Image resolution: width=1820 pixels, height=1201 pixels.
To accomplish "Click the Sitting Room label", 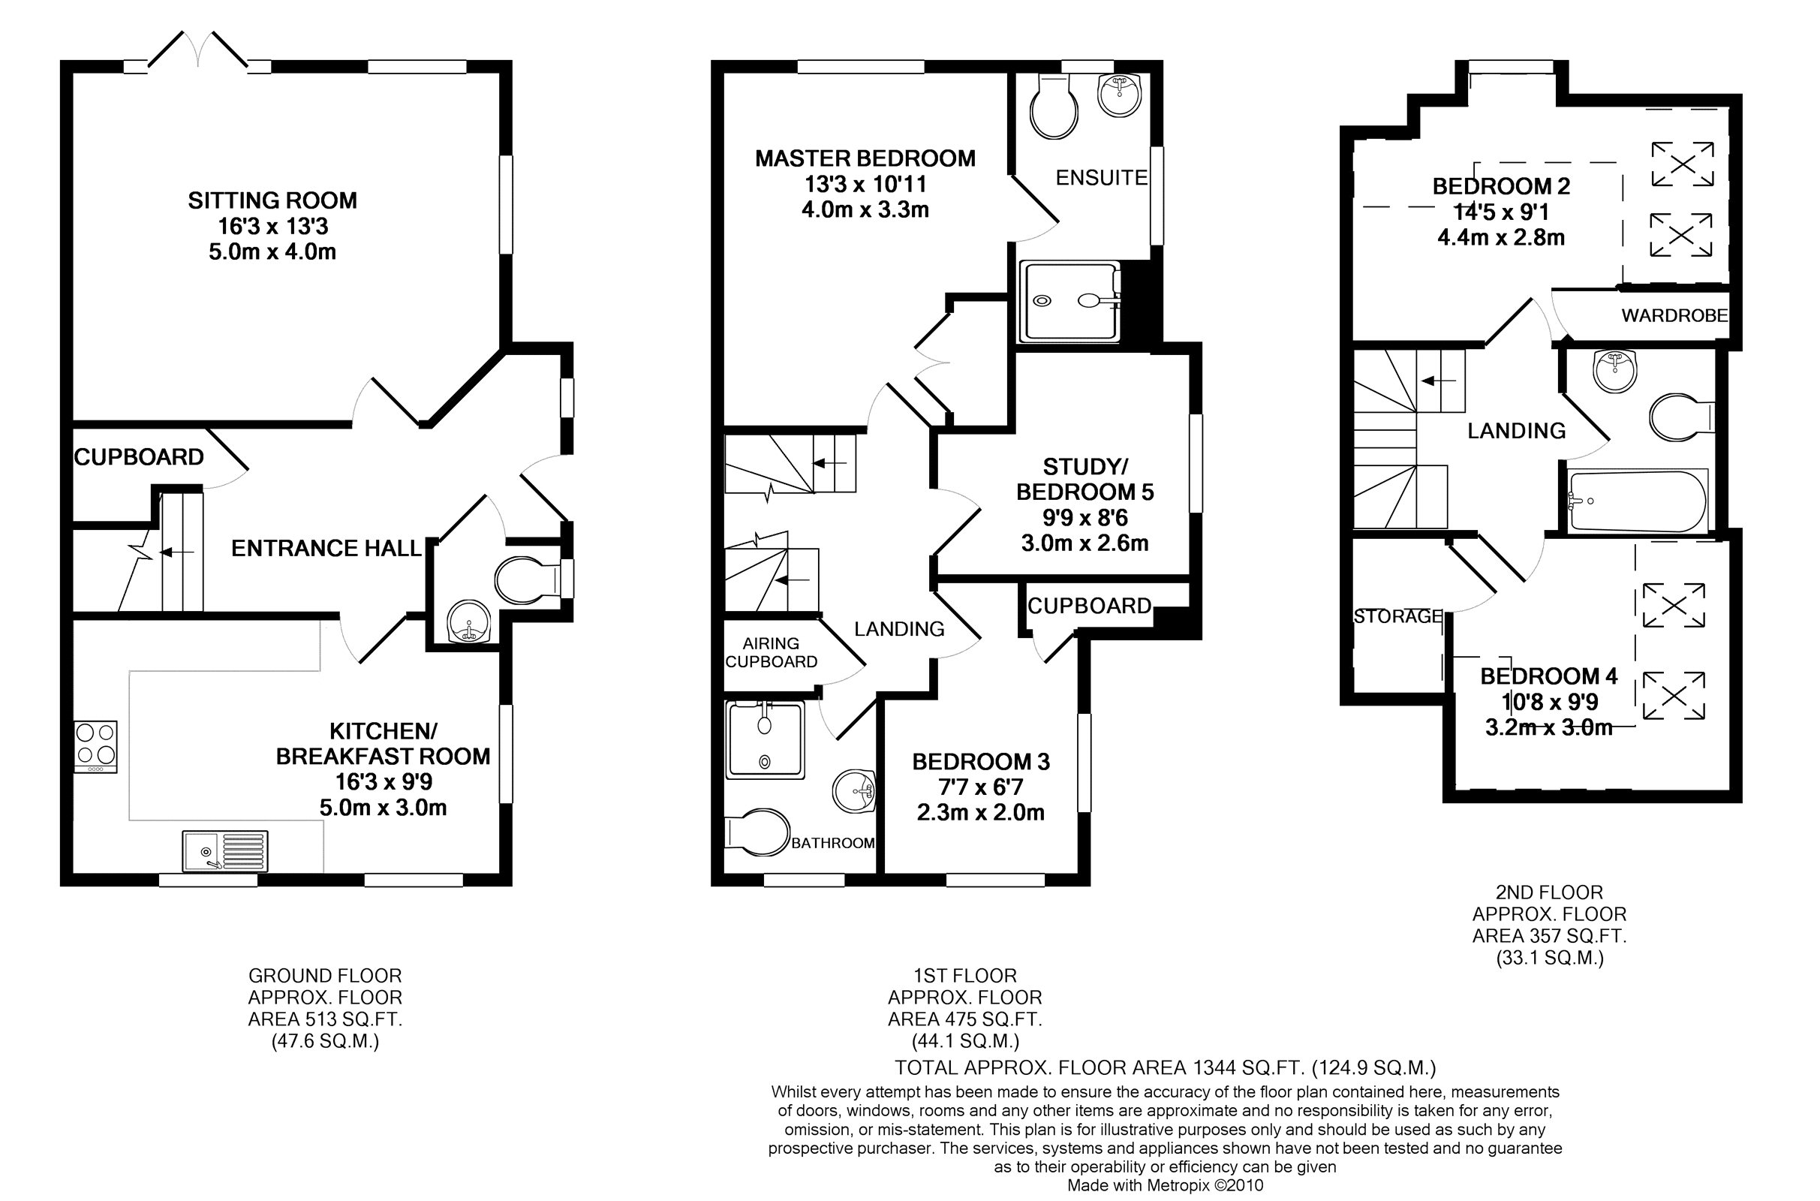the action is point(272,200).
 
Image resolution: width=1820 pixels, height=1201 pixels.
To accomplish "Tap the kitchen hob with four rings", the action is point(96,747).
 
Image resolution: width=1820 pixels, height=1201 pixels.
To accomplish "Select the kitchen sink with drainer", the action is point(225,851).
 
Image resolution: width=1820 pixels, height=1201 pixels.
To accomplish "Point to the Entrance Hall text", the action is point(326,549).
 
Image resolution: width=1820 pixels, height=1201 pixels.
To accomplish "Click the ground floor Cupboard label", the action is point(139,457).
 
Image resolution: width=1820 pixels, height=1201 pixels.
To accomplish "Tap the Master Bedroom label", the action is point(865,158).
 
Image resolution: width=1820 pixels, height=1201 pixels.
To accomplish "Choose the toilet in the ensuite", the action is point(1054,107).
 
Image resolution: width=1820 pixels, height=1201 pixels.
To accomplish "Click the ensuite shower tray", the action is point(1070,301).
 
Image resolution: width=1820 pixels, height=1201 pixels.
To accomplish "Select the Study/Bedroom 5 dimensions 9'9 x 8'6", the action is point(1085,518).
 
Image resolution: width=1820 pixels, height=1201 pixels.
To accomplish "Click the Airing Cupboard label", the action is point(771,652).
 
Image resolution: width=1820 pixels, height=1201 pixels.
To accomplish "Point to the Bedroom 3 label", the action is point(981,761).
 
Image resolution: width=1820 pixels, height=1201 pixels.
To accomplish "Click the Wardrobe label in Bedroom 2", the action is point(1674,315).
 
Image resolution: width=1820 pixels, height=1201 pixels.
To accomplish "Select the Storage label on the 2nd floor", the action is point(1398,616).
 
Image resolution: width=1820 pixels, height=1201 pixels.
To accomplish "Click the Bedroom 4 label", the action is point(1548,676).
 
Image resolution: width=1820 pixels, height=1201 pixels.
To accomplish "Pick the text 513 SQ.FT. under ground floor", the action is point(325,1019).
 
